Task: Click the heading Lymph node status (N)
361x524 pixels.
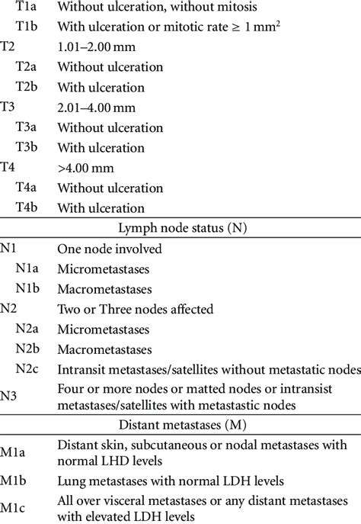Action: click(180, 228)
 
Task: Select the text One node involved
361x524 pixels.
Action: click(109, 249)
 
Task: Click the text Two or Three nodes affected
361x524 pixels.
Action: click(135, 310)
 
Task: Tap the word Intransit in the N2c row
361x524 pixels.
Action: click(82, 369)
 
